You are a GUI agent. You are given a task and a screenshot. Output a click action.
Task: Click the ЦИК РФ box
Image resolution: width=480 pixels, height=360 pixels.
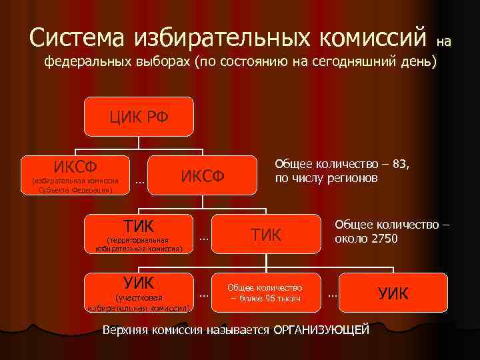(139, 117)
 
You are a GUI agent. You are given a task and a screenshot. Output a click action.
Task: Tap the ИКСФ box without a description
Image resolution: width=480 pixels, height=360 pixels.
(202, 175)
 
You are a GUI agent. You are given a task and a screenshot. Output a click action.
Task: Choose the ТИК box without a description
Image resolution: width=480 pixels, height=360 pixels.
(266, 234)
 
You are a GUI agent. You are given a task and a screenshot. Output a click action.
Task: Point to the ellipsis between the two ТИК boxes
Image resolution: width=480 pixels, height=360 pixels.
(204, 237)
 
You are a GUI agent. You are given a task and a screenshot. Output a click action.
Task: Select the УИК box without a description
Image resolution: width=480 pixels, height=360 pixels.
(393, 293)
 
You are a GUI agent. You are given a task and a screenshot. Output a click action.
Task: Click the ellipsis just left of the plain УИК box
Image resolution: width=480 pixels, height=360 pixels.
(332, 294)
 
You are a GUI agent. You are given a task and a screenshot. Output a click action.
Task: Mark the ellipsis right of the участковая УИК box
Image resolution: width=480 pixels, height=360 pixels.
(204, 294)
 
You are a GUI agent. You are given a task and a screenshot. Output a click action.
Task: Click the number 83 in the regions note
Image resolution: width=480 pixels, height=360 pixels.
(400, 165)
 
